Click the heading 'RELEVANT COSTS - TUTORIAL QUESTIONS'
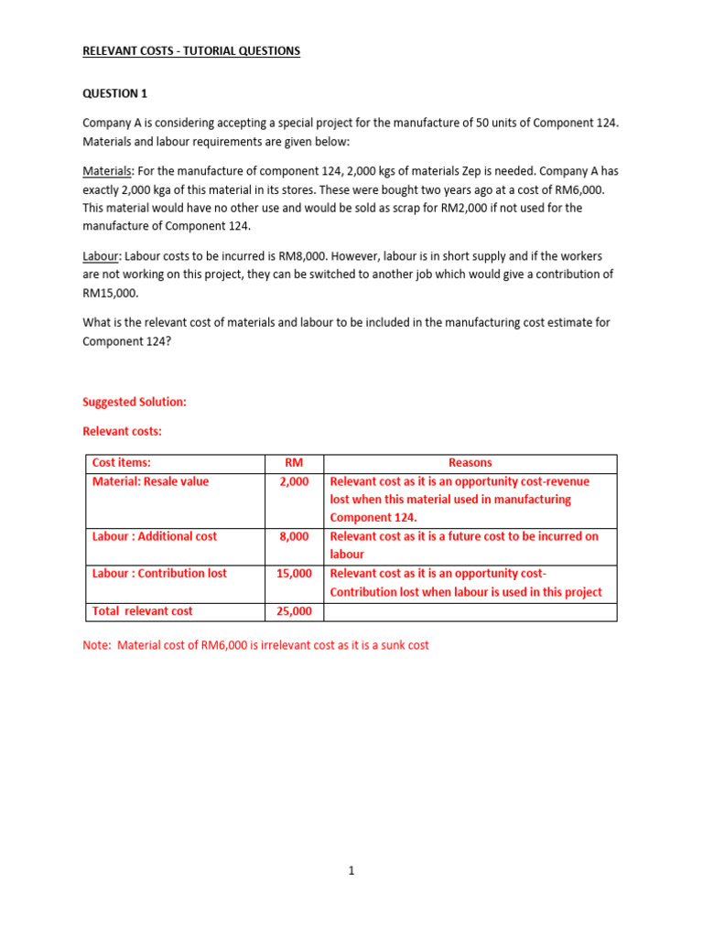(x=191, y=51)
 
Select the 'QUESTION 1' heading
(x=114, y=93)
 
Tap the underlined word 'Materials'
(x=107, y=171)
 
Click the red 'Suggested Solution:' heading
(x=135, y=403)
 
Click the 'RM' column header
(x=294, y=463)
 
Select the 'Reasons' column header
(x=470, y=463)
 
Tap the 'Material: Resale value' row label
(x=150, y=481)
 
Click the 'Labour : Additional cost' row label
(x=155, y=536)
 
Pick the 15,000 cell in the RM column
(x=294, y=574)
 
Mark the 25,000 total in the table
(x=294, y=611)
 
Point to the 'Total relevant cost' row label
(x=142, y=611)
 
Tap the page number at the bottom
(x=351, y=871)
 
